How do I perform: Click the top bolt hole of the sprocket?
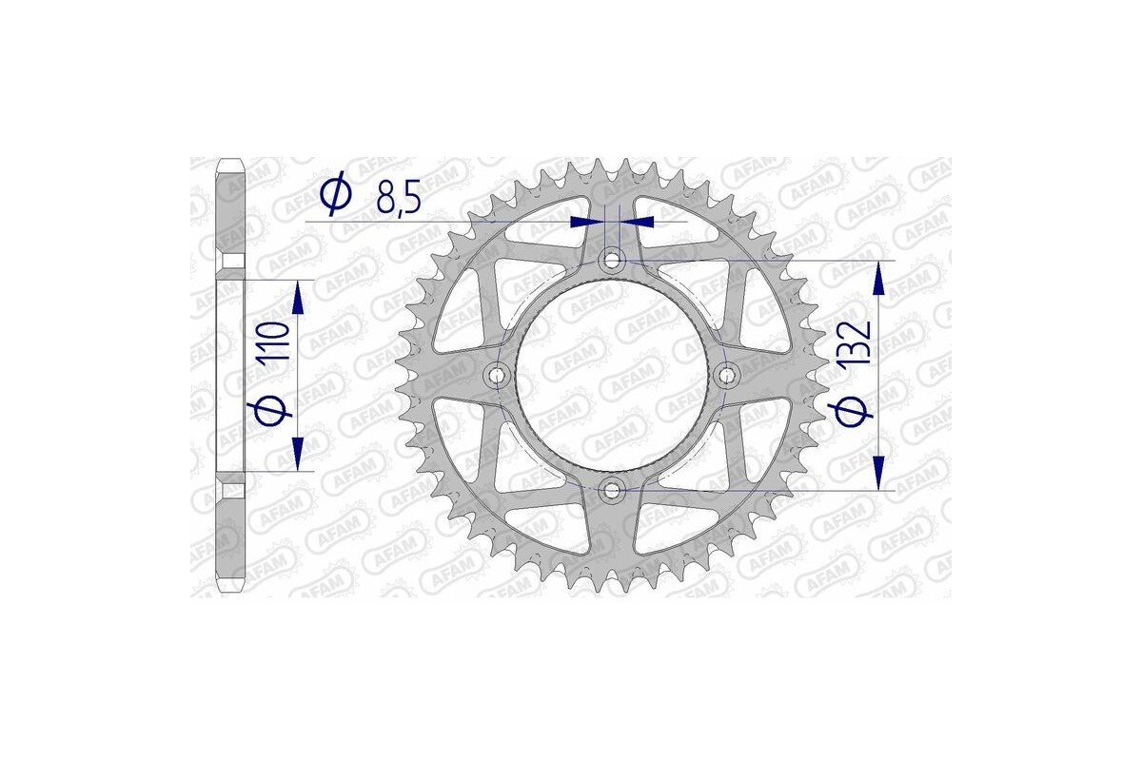click(613, 260)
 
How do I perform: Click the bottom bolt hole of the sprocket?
click(613, 491)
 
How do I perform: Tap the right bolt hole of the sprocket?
click(729, 376)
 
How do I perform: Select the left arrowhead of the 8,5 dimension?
click(581, 222)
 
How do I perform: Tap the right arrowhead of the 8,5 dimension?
click(641, 222)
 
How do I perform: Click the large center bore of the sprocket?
click(613, 376)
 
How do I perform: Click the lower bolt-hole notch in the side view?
click(231, 491)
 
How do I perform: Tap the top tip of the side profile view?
click(231, 160)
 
